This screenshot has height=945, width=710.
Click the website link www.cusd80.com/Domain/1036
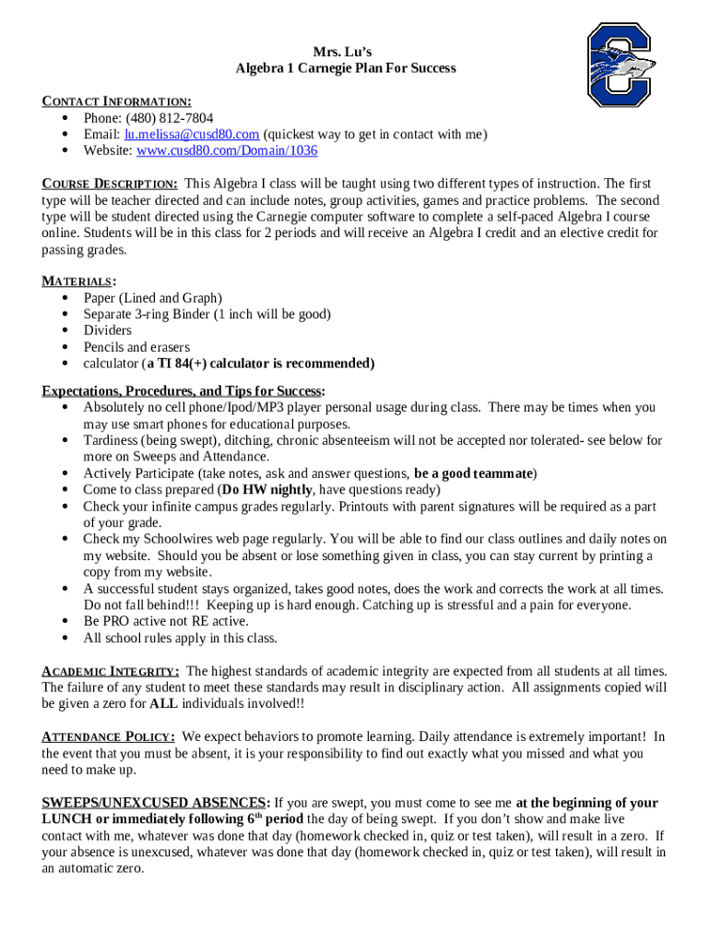coord(226,150)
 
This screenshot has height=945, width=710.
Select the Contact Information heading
coord(116,101)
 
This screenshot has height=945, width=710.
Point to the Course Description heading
coord(110,184)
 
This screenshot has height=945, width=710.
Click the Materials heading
coord(79,281)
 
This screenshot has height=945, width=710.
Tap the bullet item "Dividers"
coord(107,330)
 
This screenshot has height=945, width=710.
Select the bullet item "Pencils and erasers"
coord(136,347)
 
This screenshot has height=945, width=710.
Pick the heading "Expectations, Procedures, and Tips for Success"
coord(182,390)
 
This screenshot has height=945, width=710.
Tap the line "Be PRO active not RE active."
coord(167,621)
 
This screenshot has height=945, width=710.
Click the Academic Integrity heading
coord(110,671)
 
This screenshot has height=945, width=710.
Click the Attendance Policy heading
coord(108,736)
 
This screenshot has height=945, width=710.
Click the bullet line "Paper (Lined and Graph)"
coord(152,297)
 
